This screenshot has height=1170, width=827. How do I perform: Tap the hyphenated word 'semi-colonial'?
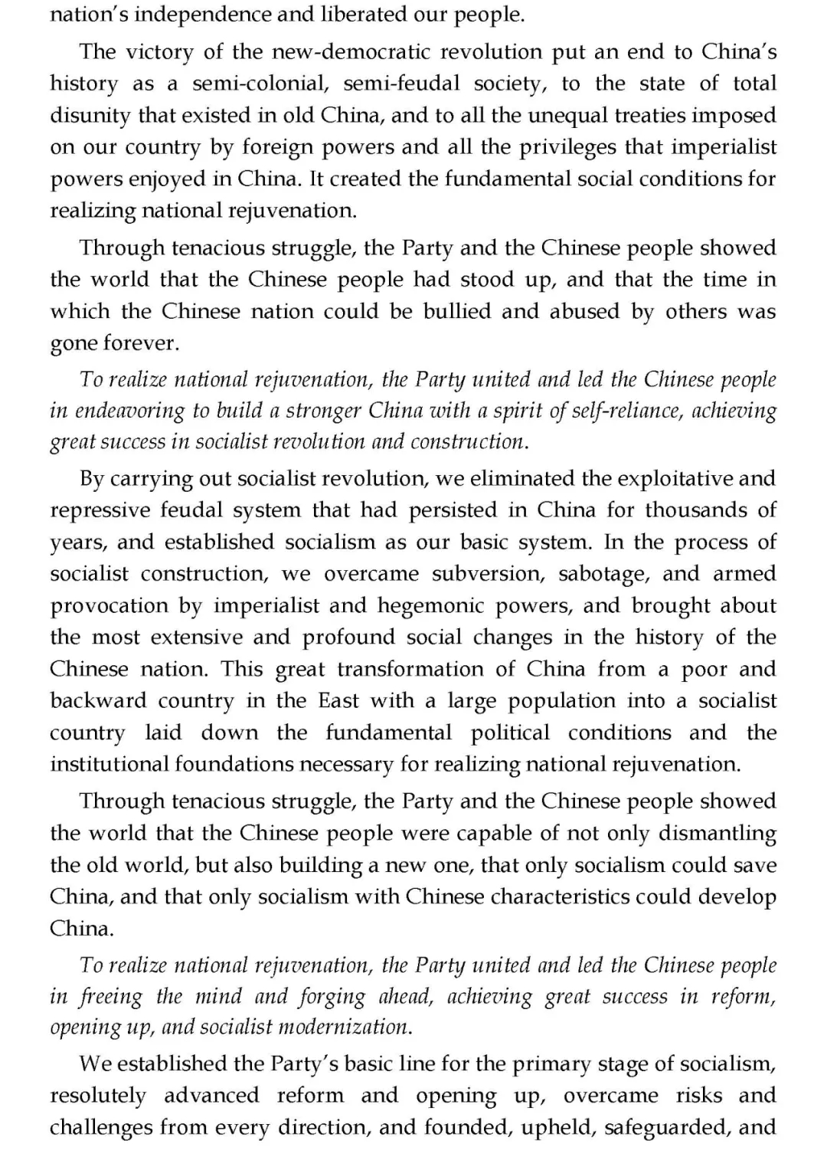[x=259, y=83]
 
